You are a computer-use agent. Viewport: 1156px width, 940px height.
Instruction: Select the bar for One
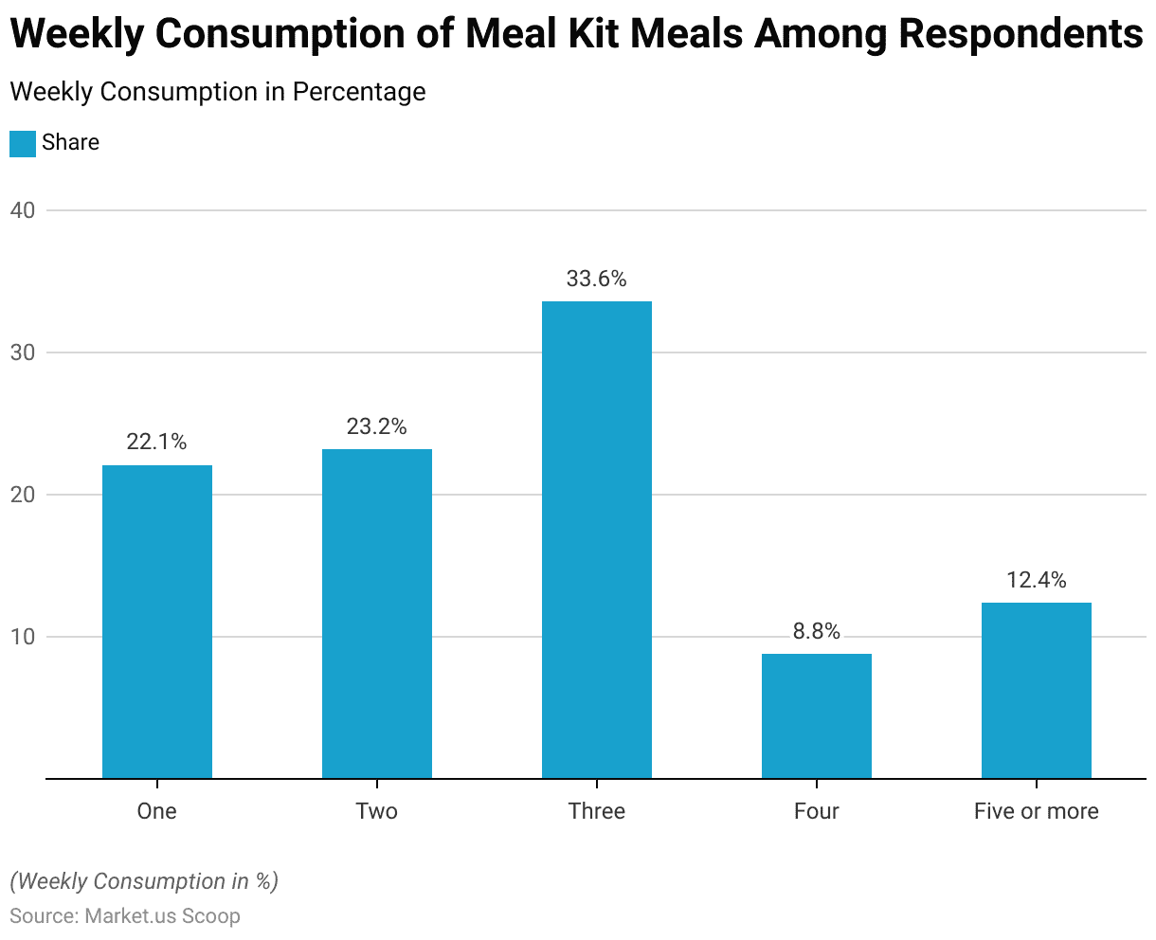pyautogui.click(x=157, y=622)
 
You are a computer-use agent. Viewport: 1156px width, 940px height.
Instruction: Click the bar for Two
pyautogui.click(x=377, y=614)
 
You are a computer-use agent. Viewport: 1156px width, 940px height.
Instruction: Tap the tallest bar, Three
pyautogui.click(x=597, y=540)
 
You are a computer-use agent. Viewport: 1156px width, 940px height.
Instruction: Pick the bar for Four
pyautogui.click(x=817, y=716)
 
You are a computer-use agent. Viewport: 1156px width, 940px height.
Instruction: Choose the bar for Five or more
pyautogui.click(x=1037, y=691)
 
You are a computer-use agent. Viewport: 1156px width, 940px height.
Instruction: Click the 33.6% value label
pyautogui.click(x=597, y=279)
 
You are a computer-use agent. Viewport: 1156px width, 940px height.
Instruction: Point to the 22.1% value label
pyautogui.click(x=157, y=442)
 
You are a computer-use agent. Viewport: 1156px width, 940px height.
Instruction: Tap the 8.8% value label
pyautogui.click(x=817, y=631)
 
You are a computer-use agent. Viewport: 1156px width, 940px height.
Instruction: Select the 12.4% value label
pyautogui.click(x=1037, y=579)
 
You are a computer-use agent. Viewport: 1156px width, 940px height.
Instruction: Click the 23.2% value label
pyautogui.click(x=377, y=426)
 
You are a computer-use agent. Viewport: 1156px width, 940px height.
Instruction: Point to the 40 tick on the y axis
pyautogui.click(x=23, y=210)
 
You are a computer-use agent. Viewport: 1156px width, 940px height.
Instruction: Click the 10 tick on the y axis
pyautogui.click(x=23, y=637)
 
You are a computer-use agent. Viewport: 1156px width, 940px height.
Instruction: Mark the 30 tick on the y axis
pyautogui.click(x=23, y=352)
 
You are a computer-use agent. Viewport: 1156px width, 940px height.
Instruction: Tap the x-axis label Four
pyautogui.click(x=817, y=811)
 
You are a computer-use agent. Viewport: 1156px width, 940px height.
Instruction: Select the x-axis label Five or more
pyautogui.click(x=1037, y=811)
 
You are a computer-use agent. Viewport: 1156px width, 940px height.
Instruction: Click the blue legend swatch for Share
pyautogui.click(x=23, y=143)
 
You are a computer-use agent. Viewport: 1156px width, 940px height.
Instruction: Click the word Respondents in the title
pyautogui.click(x=1021, y=34)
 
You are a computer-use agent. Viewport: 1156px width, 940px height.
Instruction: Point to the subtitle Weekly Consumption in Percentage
pyautogui.click(x=217, y=92)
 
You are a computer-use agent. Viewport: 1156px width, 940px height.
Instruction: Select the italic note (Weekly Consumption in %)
pyautogui.click(x=144, y=881)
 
